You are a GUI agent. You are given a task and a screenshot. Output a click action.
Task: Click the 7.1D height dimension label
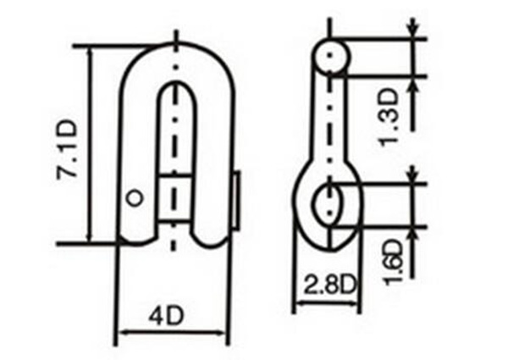67,147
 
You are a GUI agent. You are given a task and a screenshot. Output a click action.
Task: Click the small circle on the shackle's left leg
132,197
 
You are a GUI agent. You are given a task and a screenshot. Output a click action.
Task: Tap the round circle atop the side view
331,56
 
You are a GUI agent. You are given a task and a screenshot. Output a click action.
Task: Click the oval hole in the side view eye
331,203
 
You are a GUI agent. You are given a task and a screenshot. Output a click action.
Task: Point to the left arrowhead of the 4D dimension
119,331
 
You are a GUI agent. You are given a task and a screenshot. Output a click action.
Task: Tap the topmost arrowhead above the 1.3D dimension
412,30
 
